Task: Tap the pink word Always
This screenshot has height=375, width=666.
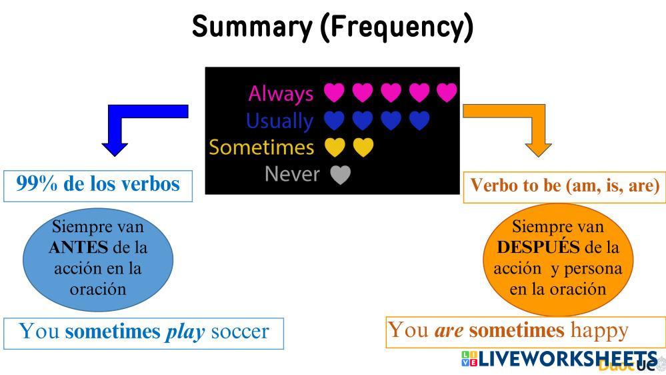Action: click(281, 93)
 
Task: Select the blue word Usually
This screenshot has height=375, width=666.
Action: click(279, 121)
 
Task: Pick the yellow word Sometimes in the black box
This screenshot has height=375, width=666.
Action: click(261, 147)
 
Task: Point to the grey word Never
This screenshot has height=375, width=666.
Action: click(292, 173)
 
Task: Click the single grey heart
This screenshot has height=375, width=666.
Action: click(341, 175)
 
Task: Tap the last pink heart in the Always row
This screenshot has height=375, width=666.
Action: click(447, 93)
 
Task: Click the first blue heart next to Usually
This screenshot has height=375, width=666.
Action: click(334, 121)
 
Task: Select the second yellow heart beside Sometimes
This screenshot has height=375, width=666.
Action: click(363, 147)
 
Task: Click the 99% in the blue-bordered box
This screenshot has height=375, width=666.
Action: click(37, 184)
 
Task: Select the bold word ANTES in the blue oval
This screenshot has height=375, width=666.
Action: click(78, 248)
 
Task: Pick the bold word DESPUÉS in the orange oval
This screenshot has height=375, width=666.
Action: click(538, 248)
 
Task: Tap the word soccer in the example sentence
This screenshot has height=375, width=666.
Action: click(239, 332)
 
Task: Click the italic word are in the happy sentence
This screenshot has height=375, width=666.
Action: click(449, 330)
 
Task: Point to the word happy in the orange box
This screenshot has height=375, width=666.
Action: click(599, 330)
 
